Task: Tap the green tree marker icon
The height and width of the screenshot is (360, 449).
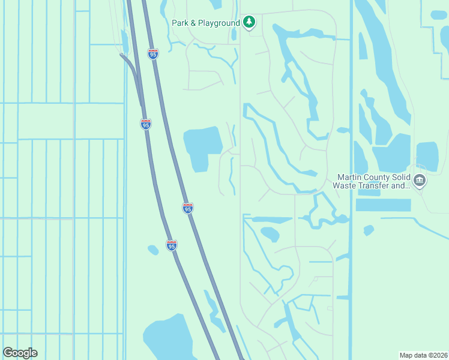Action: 249,22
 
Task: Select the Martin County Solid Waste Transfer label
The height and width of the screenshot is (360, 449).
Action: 373,181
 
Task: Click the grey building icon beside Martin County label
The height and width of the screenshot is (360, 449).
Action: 420,180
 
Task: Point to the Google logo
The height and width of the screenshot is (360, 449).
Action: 20,353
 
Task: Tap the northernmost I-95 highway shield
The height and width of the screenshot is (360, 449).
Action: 153,54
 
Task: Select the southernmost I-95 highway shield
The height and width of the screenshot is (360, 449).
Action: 172,245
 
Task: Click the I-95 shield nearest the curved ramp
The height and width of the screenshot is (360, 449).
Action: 146,124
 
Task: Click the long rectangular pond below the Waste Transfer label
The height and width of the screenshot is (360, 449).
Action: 383,205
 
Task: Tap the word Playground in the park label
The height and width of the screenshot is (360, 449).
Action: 221,22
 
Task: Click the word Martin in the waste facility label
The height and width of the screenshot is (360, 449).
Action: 350,177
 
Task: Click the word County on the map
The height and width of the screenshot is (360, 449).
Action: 377,177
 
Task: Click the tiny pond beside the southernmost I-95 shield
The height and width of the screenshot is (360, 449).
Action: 153,250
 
